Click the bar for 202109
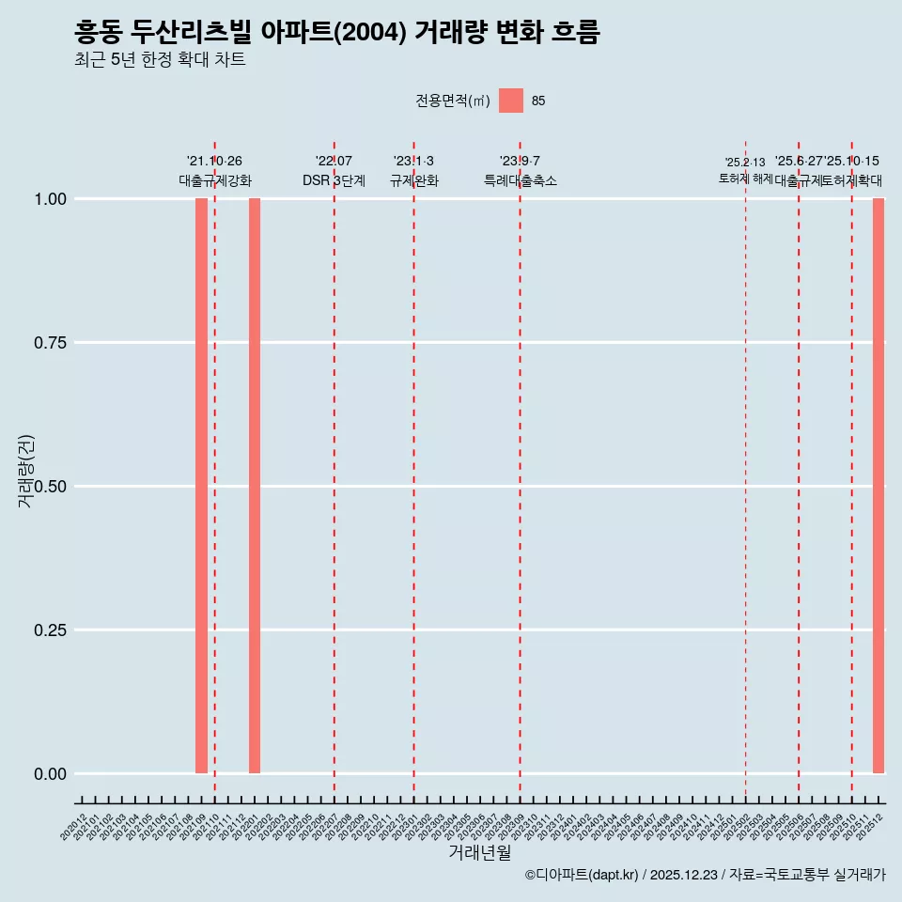[201, 486]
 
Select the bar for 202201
[255, 486]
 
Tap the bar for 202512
[879, 486]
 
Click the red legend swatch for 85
[511, 101]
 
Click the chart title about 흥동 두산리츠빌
[336, 33]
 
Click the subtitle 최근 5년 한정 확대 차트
[160, 60]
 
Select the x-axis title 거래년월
[479, 852]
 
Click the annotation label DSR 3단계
[334, 180]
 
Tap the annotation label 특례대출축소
[520, 180]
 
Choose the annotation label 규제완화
[413, 180]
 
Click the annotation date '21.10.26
[214, 162]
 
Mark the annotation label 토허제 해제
[745, 179]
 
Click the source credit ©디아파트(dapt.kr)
[582, 876]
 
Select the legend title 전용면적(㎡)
[453, 101]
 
